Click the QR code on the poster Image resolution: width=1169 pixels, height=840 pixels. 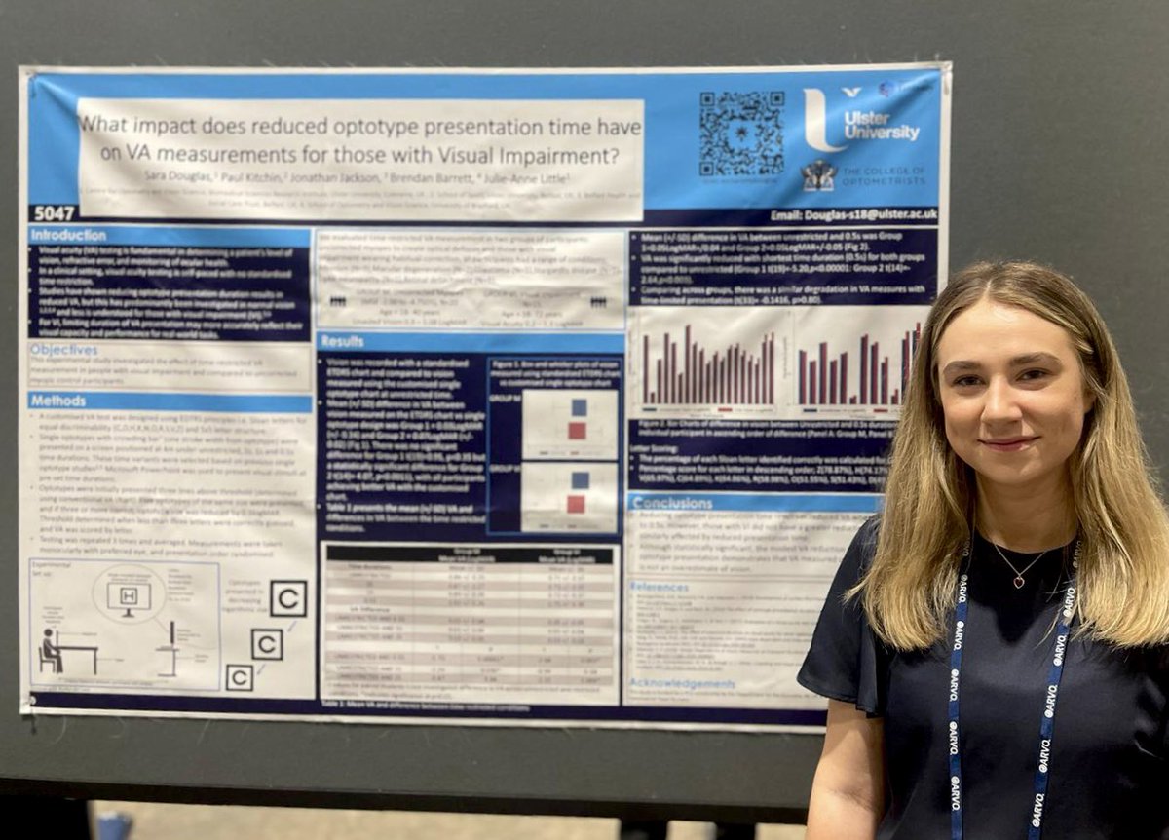click(740, 134)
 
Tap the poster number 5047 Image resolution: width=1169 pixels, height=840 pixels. click(53, 212)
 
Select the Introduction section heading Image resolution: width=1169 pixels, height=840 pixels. click(68, 236)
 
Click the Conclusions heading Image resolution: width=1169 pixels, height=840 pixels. click(672, 503)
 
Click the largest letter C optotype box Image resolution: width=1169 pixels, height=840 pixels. click(288, 597)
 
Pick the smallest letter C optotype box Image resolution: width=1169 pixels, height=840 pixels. click(240, 677)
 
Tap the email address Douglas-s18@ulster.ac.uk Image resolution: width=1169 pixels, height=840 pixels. click(867, 213)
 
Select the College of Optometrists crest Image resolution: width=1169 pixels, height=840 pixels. click(818, 175)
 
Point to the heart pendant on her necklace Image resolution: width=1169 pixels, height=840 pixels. click(1018, 582)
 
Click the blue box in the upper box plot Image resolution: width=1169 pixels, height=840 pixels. click(579, 406)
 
